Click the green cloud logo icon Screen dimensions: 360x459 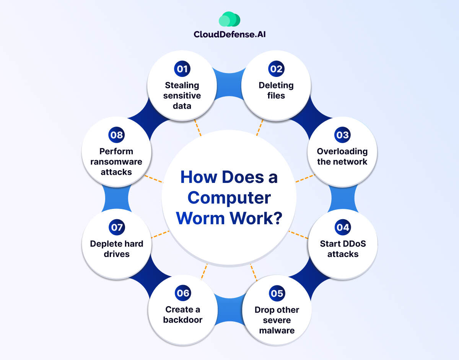coord(229,19)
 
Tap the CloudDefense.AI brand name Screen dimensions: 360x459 coord(229,34)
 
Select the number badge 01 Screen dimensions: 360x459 coord(182,69)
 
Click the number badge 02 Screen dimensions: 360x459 coord(276,69)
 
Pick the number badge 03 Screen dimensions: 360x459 coord(342,135)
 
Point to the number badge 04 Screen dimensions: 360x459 coord(343,227)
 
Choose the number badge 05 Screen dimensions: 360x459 coord(277,293)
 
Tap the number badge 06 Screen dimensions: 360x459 coord(183,293)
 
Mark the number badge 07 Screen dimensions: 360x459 coord(116,227)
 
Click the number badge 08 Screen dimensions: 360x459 coord(116,135)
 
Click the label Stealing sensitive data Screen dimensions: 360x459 coord(182,95)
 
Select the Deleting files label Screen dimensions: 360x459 coord(276,90)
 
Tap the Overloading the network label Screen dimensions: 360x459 coord(342,156)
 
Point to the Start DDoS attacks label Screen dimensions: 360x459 coord(343,249)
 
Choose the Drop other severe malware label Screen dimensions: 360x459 coord(277,320)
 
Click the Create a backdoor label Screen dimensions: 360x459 coord(183,314)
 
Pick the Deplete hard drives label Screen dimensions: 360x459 coord(116,249)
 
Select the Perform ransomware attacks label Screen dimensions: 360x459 coord(116,161)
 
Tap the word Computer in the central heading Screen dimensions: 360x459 coord(229,198)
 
